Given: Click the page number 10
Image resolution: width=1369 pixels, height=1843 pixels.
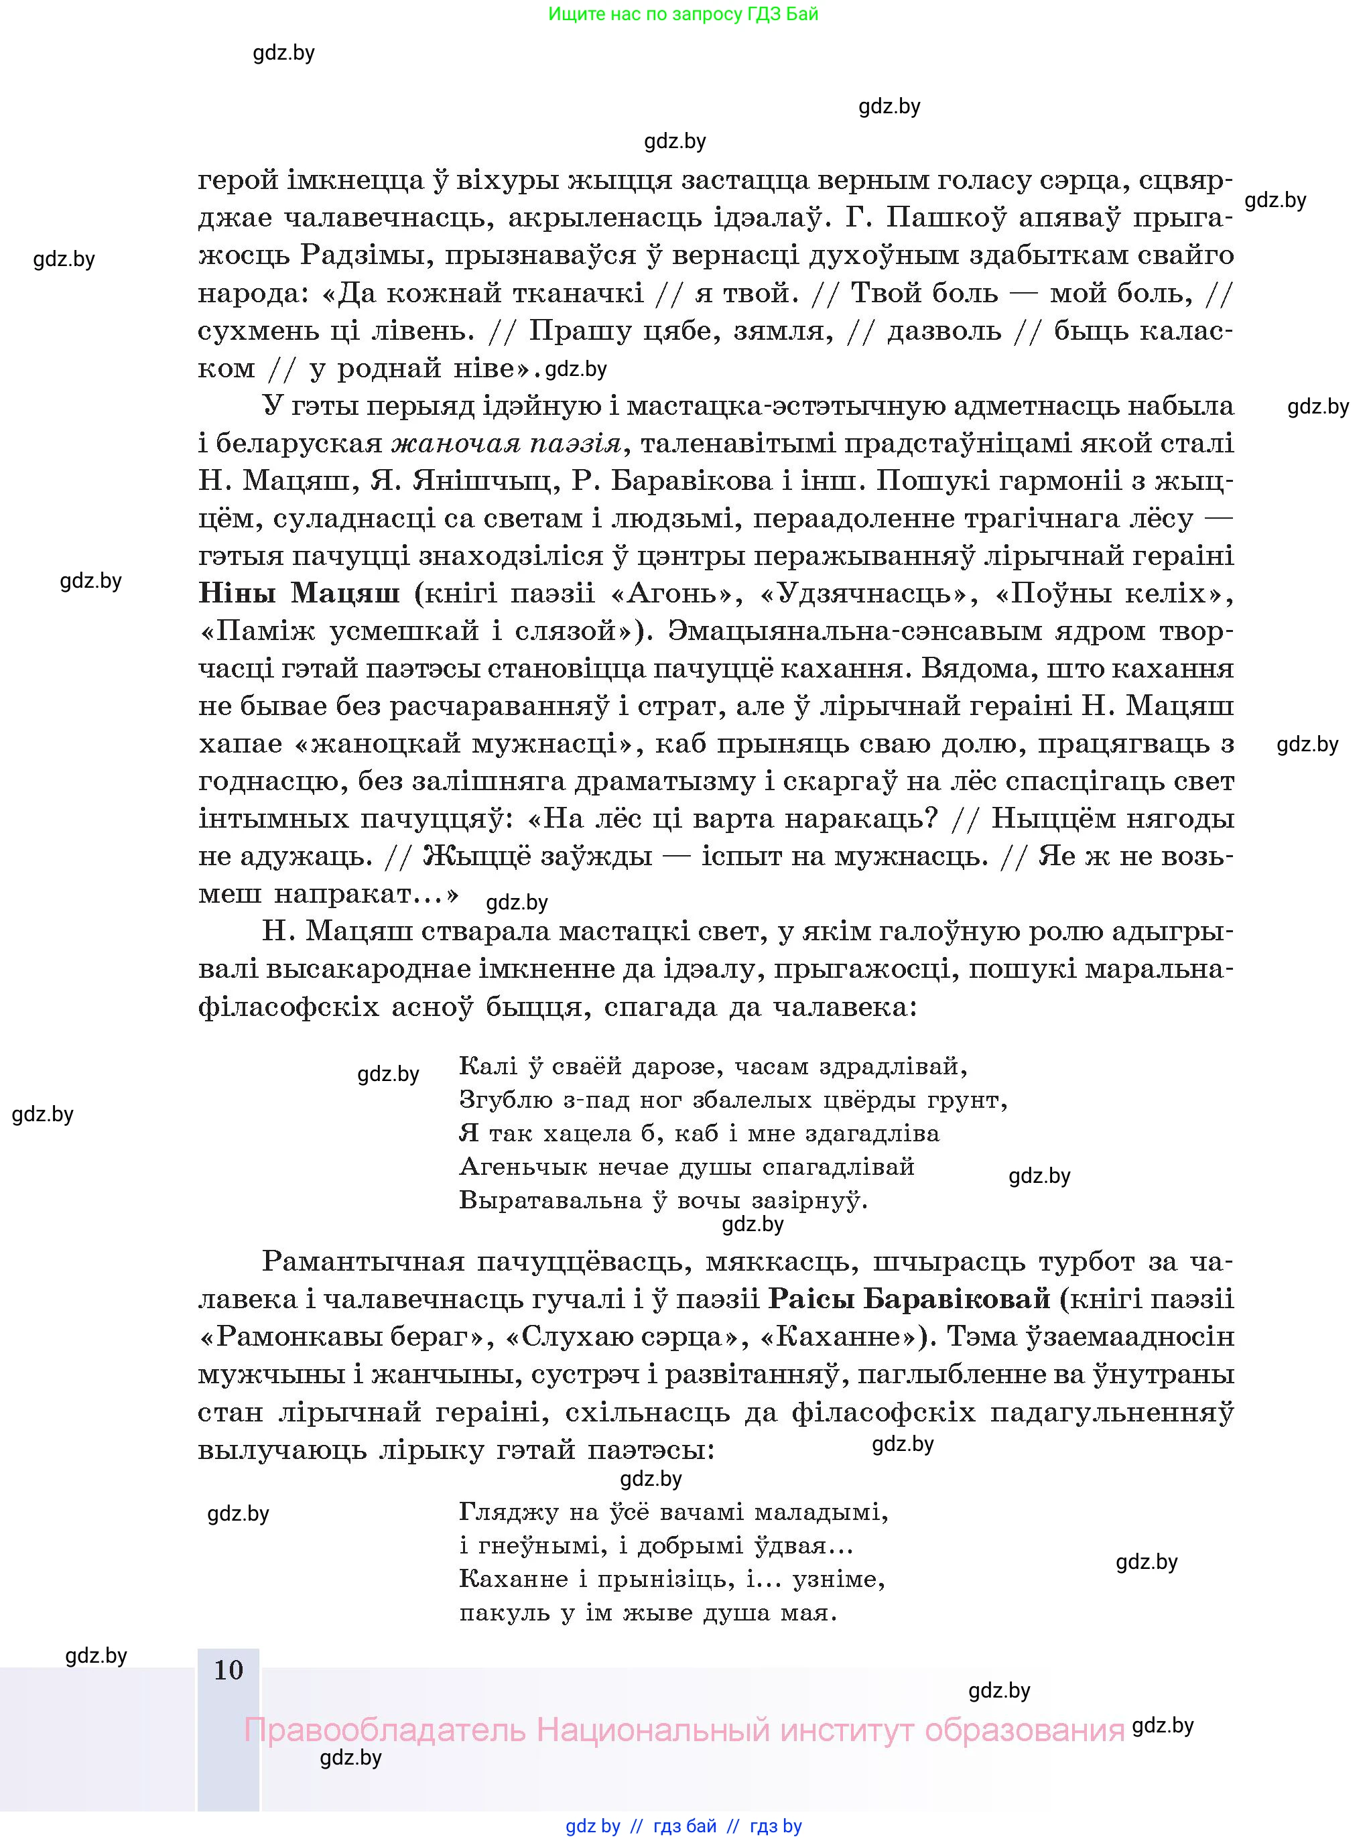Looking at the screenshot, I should click(x=229, y=1670).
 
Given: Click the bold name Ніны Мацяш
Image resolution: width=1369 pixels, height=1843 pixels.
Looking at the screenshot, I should click(x=299, y=593).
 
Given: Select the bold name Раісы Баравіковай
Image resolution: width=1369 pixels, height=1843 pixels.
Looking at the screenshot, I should click(x=909, y=1299).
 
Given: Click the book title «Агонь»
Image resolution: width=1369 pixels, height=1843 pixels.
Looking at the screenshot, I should click(x=675, y=593).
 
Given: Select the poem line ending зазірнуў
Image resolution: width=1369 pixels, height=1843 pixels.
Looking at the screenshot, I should click(x=663, y=1201).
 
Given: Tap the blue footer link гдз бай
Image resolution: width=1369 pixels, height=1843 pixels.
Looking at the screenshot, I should click(x=685, y=1826).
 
